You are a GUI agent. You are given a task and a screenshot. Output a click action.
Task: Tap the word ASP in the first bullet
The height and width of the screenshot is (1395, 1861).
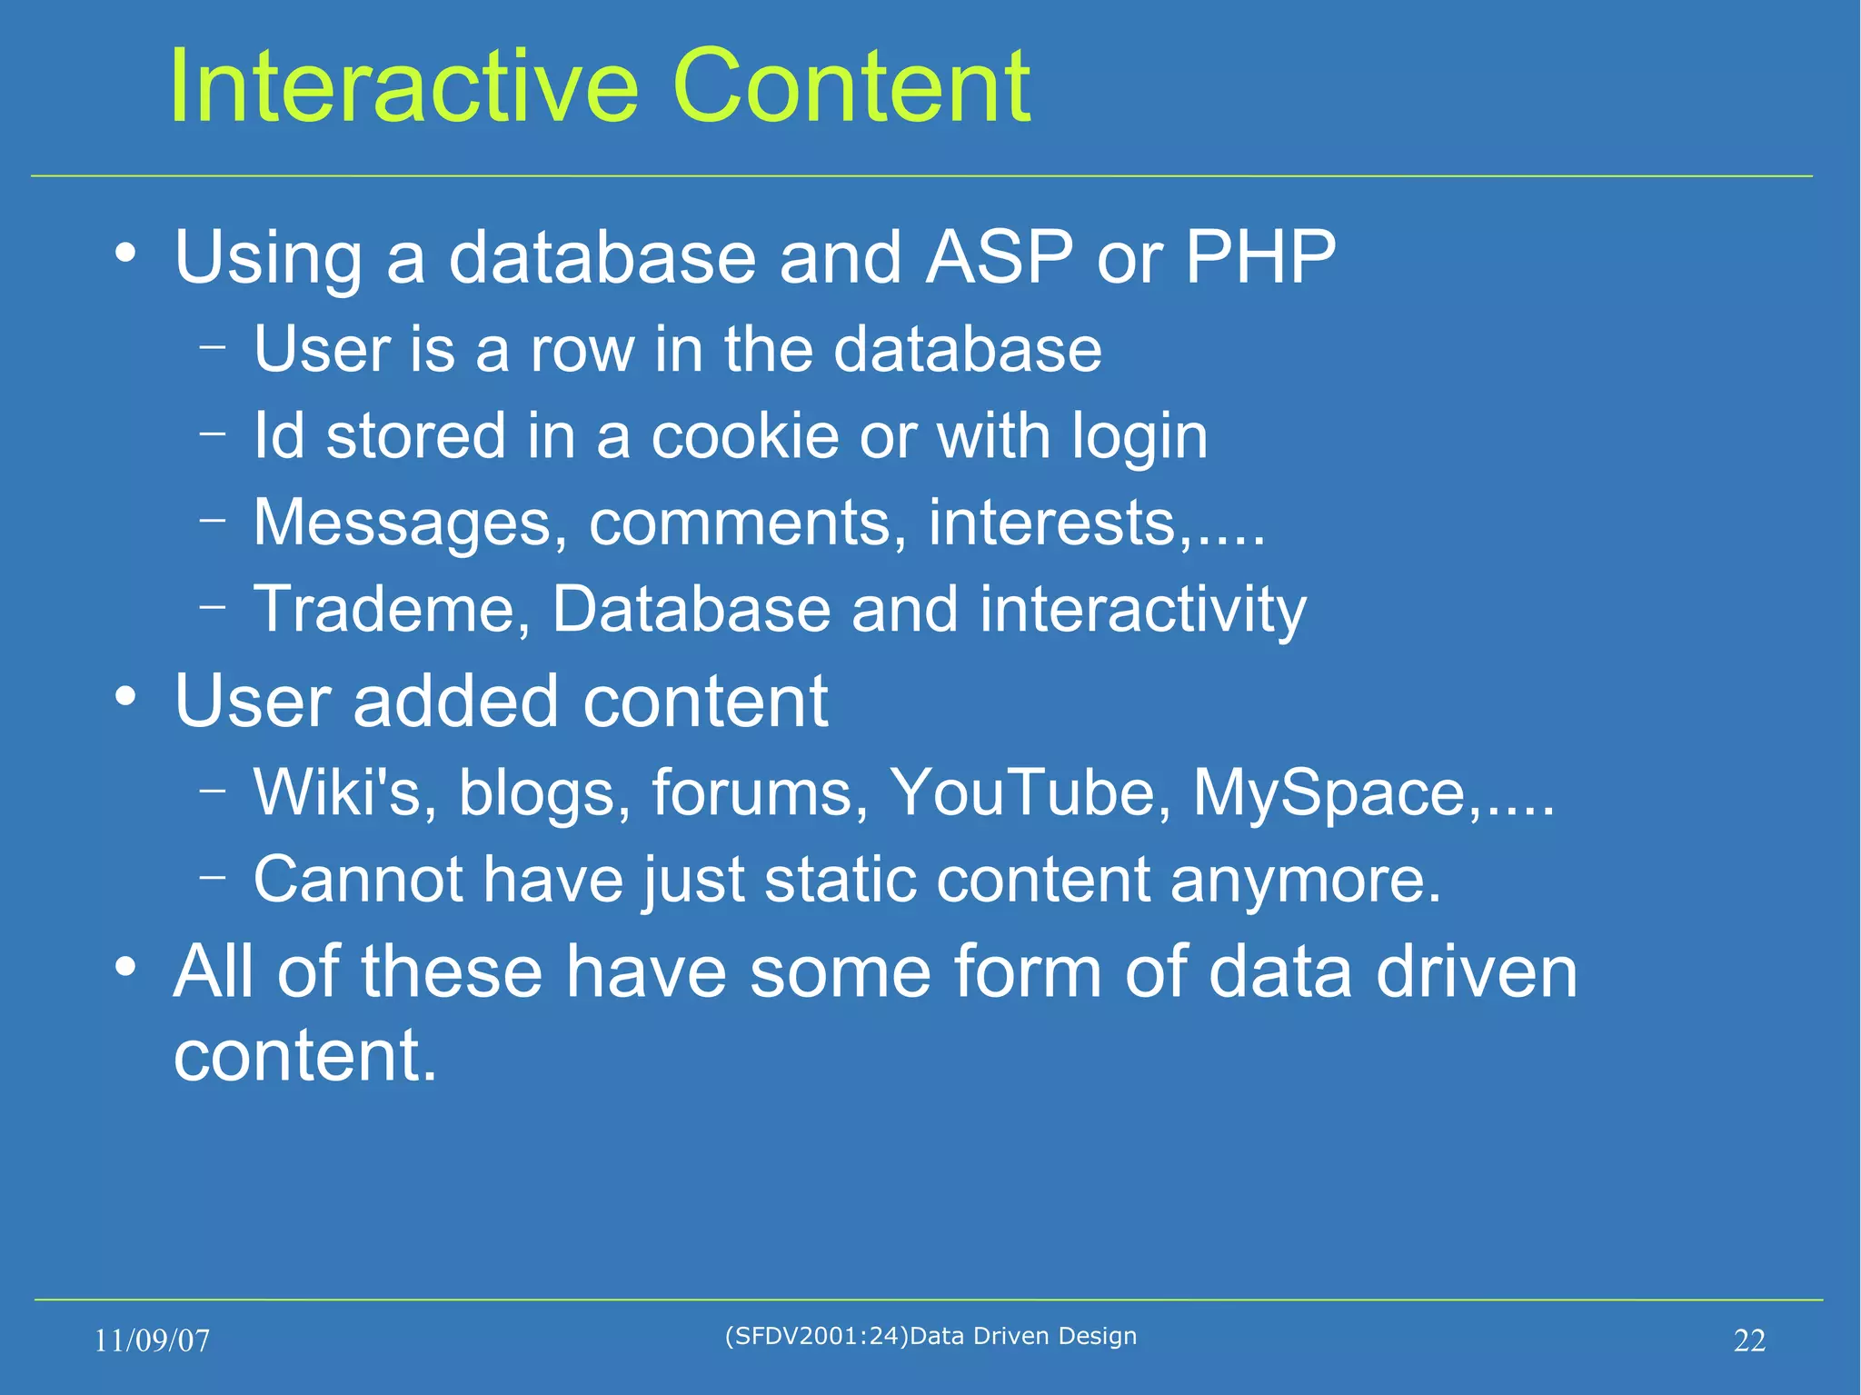coord(998,257)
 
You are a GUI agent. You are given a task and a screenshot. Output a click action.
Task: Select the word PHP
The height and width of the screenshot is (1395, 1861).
coord(1259,257)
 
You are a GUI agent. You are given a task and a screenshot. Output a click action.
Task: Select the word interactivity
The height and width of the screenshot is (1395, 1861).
coord(1142,610)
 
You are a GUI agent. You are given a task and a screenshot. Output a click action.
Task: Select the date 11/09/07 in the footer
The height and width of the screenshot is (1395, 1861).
coord(152,1340)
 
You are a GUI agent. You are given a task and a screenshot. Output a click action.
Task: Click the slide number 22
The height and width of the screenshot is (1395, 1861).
coord(1749,1340)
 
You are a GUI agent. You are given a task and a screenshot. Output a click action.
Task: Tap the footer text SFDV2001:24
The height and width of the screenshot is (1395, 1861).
coord(814,1336)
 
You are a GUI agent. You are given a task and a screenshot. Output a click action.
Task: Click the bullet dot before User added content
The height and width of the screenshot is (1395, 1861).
coord(126,698)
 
